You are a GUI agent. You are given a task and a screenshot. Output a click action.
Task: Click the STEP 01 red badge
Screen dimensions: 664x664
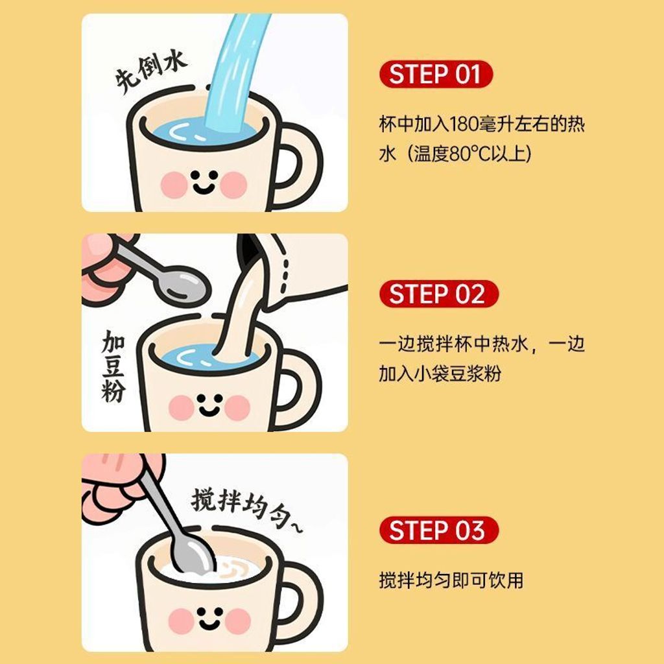tap(436, 75)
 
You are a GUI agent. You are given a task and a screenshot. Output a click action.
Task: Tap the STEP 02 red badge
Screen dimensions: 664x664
tap(439, 294)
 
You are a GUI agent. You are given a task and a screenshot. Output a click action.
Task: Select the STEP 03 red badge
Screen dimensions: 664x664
tap(439, 530)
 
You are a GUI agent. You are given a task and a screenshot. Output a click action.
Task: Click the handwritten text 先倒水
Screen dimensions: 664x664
tap(151, 72)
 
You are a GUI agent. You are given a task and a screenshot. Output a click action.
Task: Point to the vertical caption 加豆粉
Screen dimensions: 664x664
tap(113, 366)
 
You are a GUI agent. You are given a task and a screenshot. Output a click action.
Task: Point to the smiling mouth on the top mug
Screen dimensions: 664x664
tap(204, 188)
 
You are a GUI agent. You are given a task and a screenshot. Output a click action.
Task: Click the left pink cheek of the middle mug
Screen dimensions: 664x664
tap(182, 407)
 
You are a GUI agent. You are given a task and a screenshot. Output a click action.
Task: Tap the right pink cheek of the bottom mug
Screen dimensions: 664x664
tap(238, 621)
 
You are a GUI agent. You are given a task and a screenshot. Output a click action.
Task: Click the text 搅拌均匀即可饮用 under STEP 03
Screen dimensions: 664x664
tap(451, 580)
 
